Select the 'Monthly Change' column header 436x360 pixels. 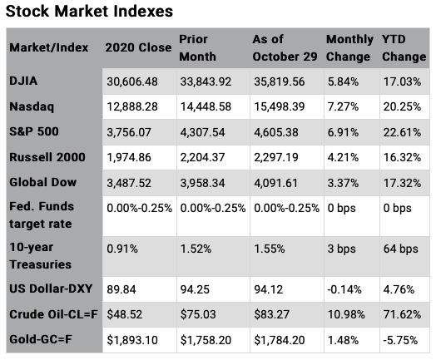(x=349, y=47)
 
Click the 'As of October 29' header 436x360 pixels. (x=283, y=47)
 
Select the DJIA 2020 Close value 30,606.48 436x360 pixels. (x=136, y=83)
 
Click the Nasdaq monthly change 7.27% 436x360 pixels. (x=341, y=107)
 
